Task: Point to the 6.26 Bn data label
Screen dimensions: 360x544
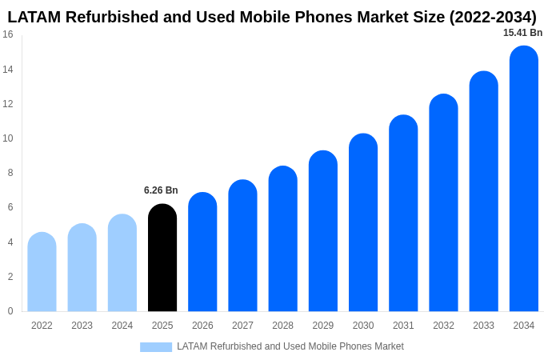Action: tap(161, 190)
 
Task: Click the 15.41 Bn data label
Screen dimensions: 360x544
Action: tap(522, 33)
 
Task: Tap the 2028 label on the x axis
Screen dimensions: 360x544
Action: tap(282, 326)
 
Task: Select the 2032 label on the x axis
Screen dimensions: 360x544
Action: tap(443, 326)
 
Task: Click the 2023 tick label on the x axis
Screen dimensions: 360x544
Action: tap(82, 326)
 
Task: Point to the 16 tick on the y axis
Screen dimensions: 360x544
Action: tap(8, 34)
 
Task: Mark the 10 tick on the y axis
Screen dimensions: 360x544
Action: tap(8, 138)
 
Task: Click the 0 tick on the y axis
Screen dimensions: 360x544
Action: tap(10, 311)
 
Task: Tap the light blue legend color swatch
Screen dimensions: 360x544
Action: tap(156, 347)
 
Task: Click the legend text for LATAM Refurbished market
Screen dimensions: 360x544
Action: tap(290, 346)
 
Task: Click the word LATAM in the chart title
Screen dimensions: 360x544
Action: tap(34, 17)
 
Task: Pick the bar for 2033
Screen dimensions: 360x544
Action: tap(483, 191)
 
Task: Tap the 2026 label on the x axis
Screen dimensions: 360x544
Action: tap(202, 326)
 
